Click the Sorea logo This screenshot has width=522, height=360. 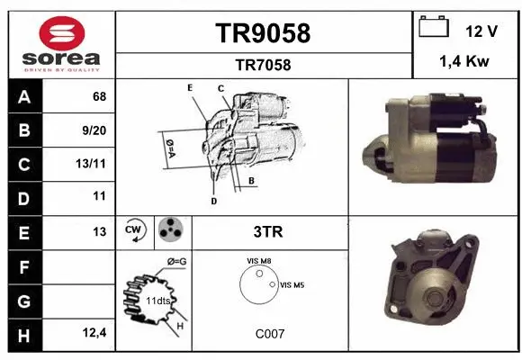click(60, 45)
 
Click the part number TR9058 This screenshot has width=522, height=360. click(263, 33)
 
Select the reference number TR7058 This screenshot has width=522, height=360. click(263, 65)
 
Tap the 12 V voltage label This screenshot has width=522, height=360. click(481, 31)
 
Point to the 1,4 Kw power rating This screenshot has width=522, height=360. click(463, 63)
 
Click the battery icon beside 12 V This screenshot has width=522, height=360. click(435, 28)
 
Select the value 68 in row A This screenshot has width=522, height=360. click(99, 96)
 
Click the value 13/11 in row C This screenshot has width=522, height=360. click(94, 164)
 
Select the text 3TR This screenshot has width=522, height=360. click(267, 232)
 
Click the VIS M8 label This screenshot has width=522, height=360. click(259, 261)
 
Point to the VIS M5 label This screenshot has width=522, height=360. click(292, 285)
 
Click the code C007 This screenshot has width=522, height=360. click(270, 334)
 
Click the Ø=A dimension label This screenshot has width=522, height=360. click(168, 145)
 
